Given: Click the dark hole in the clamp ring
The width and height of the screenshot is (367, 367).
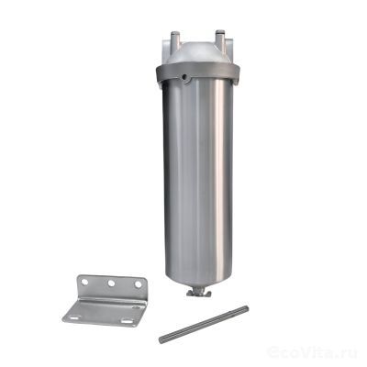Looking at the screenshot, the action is click(185, 77).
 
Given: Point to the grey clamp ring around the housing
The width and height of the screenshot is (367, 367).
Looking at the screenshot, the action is click(197, 73).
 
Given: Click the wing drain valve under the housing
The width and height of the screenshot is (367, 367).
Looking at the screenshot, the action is click(198, 293).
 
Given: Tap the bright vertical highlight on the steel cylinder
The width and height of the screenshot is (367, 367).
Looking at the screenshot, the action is click(219, 177).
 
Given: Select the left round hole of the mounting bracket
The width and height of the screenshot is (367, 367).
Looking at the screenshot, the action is click(84, 282).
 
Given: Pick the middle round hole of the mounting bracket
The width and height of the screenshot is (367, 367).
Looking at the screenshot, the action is click(111, 284).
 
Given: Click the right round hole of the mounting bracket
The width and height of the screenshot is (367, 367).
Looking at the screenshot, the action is click(139, 284).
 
